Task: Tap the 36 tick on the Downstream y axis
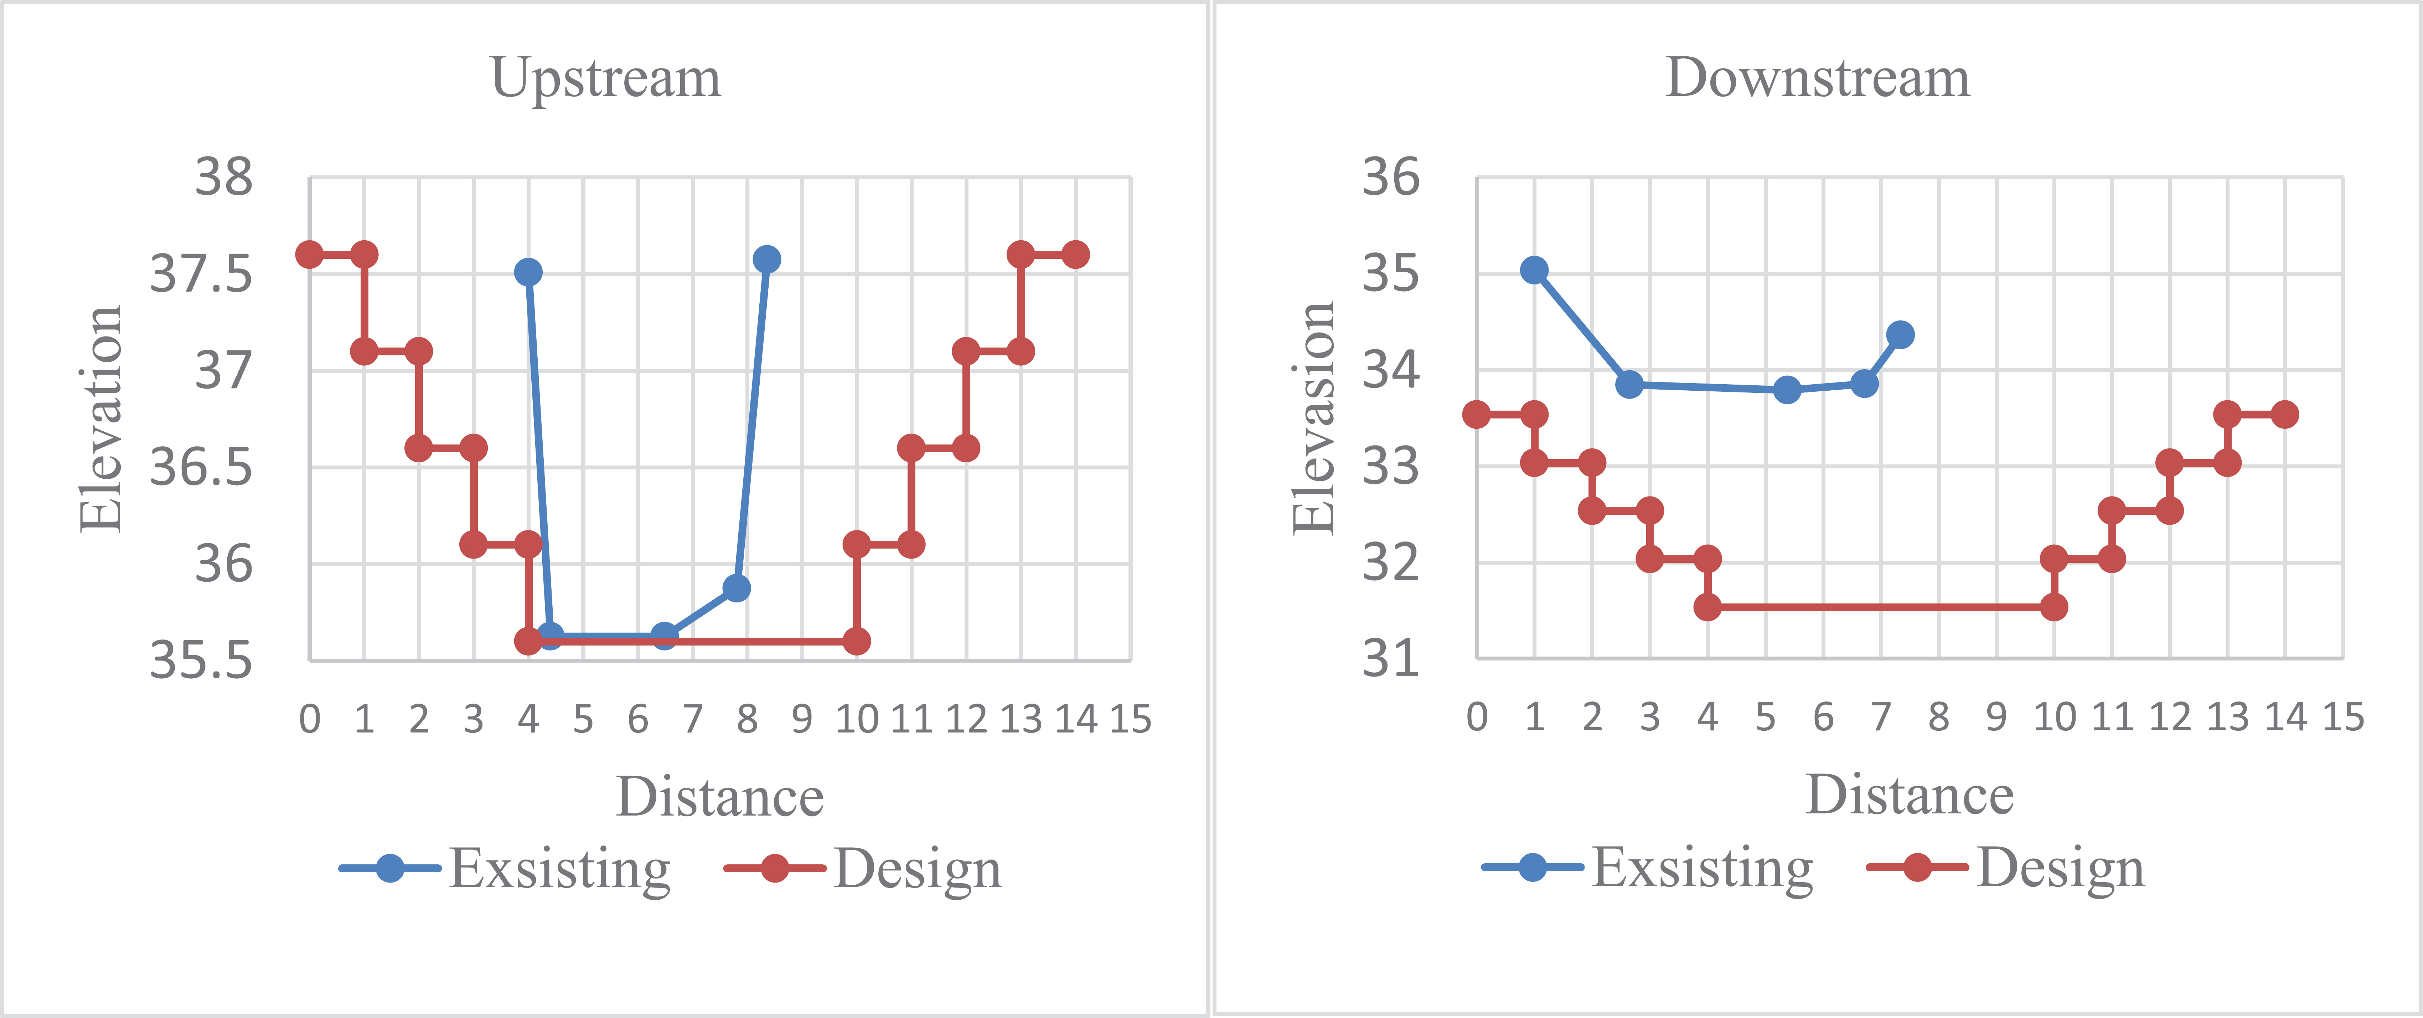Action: pos(1391,177)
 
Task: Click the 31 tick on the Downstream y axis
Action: pos(1391,659)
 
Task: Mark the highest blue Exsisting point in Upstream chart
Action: pos(766,259)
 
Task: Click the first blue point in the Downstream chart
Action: pos(1534,270)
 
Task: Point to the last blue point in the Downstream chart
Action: pos(1900,334)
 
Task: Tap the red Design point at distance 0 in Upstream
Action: pos(309,254)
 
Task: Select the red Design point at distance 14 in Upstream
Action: pos(1075,254)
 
